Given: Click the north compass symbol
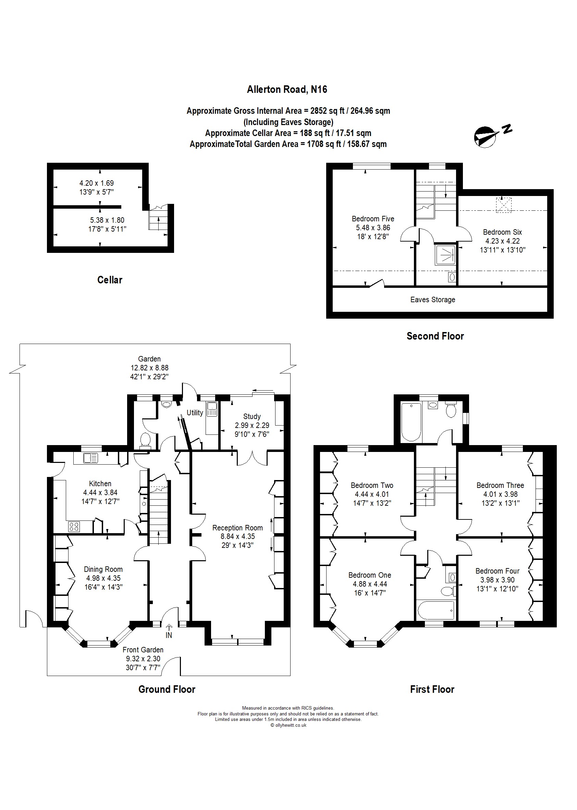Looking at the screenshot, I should [485, 136].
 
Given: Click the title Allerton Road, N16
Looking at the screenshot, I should [287, 89].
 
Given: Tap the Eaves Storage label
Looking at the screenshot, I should [432, 299].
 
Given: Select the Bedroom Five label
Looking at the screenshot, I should [373, 219].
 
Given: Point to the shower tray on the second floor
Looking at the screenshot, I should [445, 255].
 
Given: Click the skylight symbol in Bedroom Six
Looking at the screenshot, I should [503, 205].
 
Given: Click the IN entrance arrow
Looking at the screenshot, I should [169, 633].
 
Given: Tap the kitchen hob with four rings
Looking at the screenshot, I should [74, 527].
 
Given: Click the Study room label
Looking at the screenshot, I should [252, 416].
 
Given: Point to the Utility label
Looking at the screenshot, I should [195, 413].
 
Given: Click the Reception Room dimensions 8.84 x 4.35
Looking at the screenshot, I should [238, 537].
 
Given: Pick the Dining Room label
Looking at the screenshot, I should [103, 569].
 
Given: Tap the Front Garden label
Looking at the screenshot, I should [143, 650].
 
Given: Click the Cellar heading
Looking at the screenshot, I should [110, 280].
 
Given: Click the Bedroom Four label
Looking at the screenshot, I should [498, 571].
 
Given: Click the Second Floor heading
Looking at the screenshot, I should [435, 336].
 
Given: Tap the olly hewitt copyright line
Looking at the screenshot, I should [288, 725].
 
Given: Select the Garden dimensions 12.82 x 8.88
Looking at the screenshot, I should [149, 368].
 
